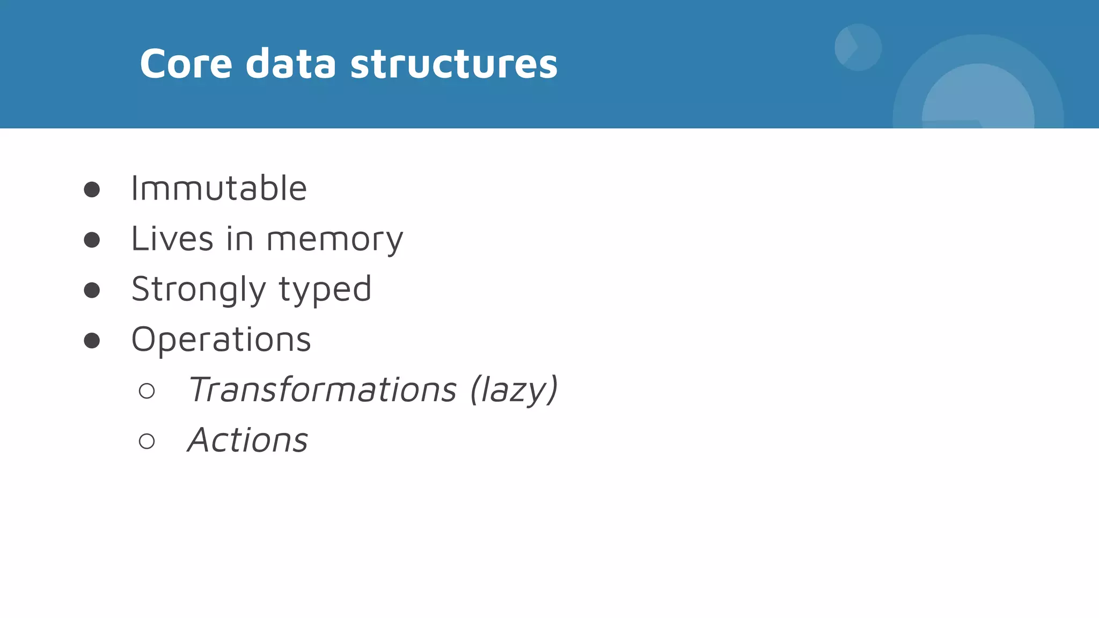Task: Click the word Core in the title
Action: tap(186, 64)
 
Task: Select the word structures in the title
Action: tap(454, 64)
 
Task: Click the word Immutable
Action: tap(219, 188)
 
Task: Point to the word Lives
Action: tap(172, 239)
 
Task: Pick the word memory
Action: tap(335, 240)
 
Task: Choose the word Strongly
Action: tap(199, 290)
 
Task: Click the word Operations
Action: tap(221, 340)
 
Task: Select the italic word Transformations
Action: tap(322, 389)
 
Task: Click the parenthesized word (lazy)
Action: tap(514, 390)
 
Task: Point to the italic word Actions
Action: tap(248, 440)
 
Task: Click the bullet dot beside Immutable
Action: tap(92, 189)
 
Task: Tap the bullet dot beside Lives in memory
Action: tap(92, 240)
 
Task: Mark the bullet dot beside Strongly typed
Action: tap(92, 290)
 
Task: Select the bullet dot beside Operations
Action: tap(92, 341)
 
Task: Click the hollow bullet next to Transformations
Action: tap(146, 391)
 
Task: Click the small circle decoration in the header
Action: tap(858, 47)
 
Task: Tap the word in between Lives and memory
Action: tap(239, 239)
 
